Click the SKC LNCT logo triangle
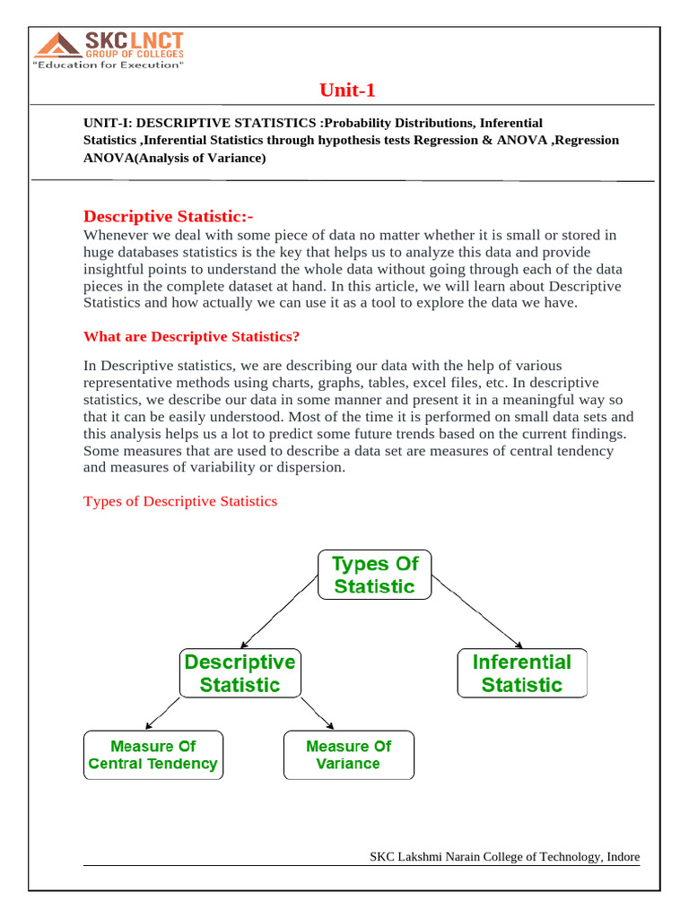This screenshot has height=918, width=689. (x=57, y=46)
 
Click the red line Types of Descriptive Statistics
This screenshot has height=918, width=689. (x=180, y=501)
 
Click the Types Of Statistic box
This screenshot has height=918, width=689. (x=374, y=575)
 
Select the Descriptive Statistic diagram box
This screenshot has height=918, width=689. (x=239, y=673)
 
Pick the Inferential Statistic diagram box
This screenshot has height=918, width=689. (x=521, y=673)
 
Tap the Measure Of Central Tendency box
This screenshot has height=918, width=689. (x=153, y=755)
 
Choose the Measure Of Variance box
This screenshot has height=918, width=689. (x=348, y=755)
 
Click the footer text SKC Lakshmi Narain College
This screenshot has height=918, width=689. (x=485, y=857)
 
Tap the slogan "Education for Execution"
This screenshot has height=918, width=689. (x=109, y=65)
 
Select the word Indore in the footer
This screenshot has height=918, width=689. (x=624, y=857)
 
